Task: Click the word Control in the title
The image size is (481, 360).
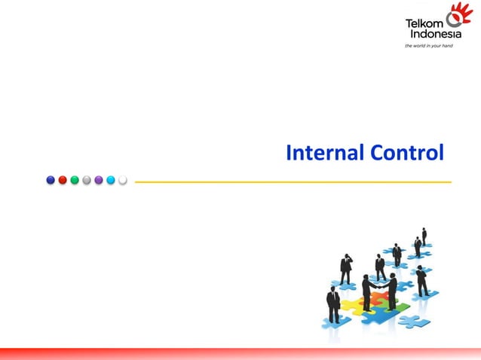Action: point(407,153)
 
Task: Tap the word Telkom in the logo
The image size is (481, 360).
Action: point(424,23)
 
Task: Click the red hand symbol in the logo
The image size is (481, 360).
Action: point(459,16)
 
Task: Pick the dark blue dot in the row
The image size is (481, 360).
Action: point(51,180)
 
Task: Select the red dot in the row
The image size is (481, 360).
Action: point(63,180)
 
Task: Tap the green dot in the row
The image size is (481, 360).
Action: point(75,180)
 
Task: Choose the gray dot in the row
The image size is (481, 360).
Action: point(87,180)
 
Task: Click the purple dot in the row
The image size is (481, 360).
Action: point(99,180)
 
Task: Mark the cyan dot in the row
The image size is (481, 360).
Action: point(111,180)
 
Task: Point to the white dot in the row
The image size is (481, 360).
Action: point(123,180)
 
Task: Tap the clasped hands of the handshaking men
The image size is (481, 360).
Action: point(379,285)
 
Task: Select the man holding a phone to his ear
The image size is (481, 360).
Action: point(346,268)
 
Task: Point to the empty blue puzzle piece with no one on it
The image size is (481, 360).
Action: point(414,322)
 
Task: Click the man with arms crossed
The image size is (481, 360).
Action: point(333,305)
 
